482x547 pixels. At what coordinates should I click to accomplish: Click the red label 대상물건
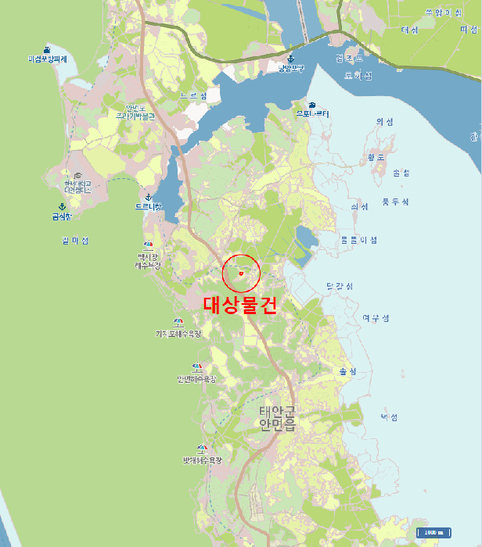pyautogui.click(x=240, y=306)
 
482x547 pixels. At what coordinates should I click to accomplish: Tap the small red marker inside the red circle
pyautogui.click(x=241, y=273)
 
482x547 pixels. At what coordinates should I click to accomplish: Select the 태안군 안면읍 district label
pyautogui.click(x=278, y=418)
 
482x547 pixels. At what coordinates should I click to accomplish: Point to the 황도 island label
pyautogui.click(x=376, y=156)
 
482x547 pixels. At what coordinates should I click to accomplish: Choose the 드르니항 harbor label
pyautogui.click(x=148, y=207)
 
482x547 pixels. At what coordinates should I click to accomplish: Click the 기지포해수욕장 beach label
pyautogui.click(x=178, y=334)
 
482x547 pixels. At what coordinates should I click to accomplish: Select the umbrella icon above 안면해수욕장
pyautogui.click(x=197, y=366)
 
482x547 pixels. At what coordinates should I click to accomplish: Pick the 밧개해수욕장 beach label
pyautogui.click(x=203, y=460)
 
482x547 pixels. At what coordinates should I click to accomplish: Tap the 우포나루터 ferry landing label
pyautogui.click(x=312, y=114)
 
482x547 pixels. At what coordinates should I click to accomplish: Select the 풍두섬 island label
pyautogui.click(x=395, y=202)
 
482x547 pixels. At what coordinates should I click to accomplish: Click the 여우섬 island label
pyautogui.click(x=376, y=318)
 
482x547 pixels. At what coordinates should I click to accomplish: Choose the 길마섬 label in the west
pyautogui.click(x=75, y=240)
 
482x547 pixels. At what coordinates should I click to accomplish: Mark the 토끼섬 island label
pyautogui.click(x=358, y=76)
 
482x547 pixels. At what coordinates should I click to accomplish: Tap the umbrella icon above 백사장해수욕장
pyautogui.click(x=148, y=245)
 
